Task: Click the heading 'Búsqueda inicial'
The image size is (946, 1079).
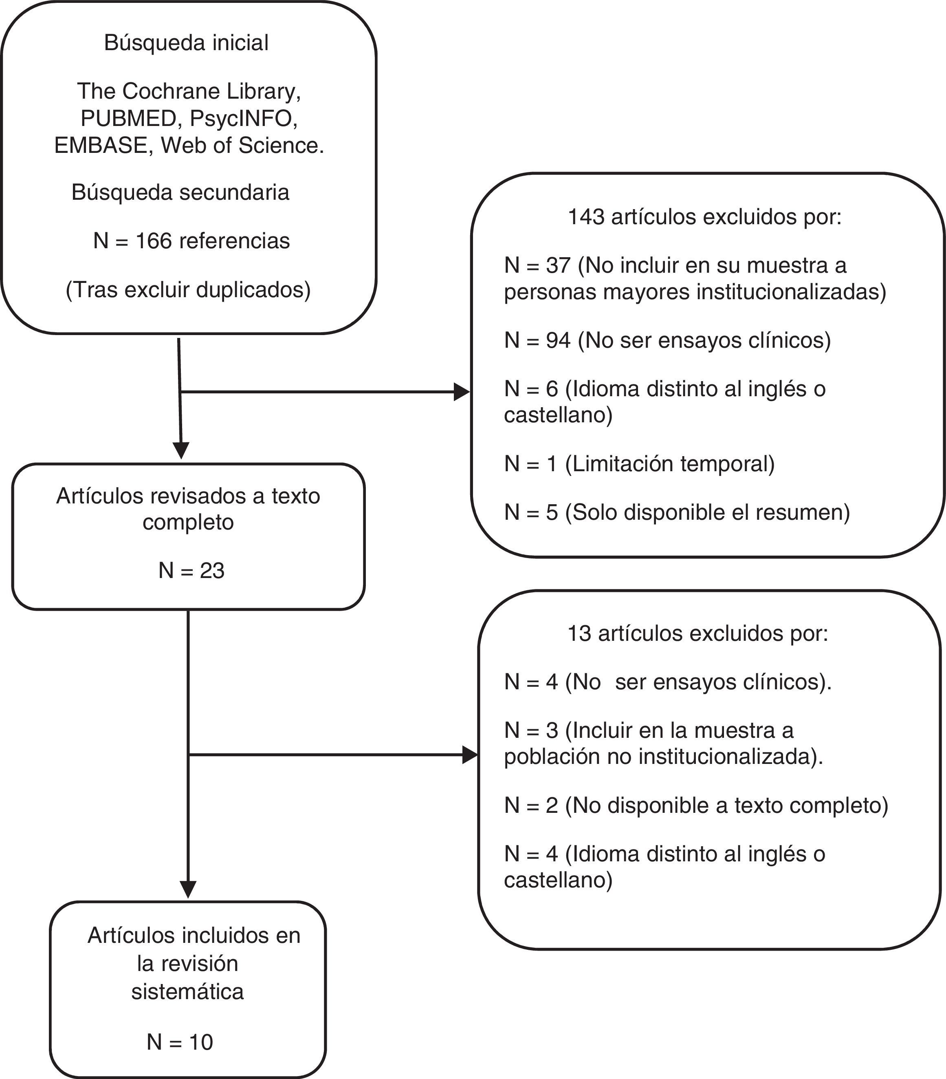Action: point(186,43)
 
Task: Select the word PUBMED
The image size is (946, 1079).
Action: point(128,118)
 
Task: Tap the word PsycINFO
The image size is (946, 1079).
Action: point(243,118)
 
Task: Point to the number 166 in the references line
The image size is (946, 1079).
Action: point(154,241)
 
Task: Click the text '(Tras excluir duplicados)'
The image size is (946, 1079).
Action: point(188,290)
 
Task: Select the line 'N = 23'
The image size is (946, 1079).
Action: point(191,571)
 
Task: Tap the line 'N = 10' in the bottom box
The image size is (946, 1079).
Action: point(179,1042)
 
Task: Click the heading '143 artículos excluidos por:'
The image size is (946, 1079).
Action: point(704,217)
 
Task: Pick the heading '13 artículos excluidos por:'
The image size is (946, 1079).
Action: point(697,633)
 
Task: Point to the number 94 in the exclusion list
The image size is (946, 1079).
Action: point(558,340)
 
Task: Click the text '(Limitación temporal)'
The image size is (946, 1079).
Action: point(669,464)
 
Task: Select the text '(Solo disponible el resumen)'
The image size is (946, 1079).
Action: point(707,512)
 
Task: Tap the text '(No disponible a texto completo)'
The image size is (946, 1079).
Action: point(726,805)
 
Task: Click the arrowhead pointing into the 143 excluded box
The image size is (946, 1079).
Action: point(462,392)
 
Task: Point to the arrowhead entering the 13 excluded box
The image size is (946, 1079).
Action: point(470,755)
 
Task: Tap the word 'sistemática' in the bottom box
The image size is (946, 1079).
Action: point(187,991)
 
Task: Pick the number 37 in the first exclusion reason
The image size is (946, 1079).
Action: point(558,265)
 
